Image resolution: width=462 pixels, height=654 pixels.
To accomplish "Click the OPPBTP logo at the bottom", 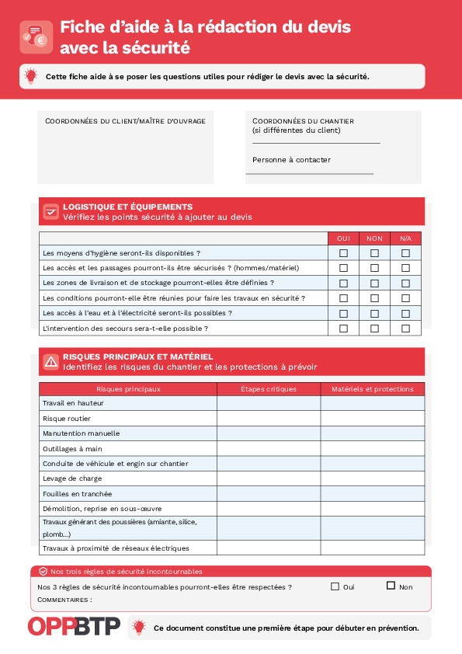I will [75, 627].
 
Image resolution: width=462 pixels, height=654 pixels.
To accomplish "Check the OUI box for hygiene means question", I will [343, 253].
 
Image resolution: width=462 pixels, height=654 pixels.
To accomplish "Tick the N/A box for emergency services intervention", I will [405, 329].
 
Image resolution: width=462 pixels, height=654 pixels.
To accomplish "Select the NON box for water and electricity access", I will [374, 313].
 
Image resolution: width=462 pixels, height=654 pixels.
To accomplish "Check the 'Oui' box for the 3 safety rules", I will [335, 586].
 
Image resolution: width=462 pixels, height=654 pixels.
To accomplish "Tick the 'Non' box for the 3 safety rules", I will [391, 586].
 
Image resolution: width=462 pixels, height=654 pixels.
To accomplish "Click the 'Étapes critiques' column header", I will [268, 389].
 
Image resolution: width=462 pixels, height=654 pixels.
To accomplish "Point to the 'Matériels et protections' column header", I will [373, 389].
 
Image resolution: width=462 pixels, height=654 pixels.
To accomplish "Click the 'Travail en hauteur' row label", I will [73, 403].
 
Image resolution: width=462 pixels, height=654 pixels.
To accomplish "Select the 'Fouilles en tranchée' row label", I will [77, 493].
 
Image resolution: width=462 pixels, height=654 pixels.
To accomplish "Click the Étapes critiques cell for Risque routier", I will [268, 419].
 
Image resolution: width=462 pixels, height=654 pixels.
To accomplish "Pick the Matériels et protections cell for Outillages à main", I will [373, 448].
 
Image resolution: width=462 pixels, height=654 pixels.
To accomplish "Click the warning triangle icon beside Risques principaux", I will [50, 361].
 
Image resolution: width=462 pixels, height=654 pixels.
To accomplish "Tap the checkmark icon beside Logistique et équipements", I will [50, 211].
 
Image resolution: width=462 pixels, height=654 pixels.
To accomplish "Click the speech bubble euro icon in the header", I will [36, 37].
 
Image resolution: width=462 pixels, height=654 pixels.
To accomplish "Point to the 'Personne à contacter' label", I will [291, 160].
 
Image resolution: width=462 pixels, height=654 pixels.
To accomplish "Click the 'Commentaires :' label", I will [64, 600].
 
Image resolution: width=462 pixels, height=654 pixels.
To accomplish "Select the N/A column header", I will [405, 238].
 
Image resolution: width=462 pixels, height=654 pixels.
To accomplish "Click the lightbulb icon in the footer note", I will [139, 627].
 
